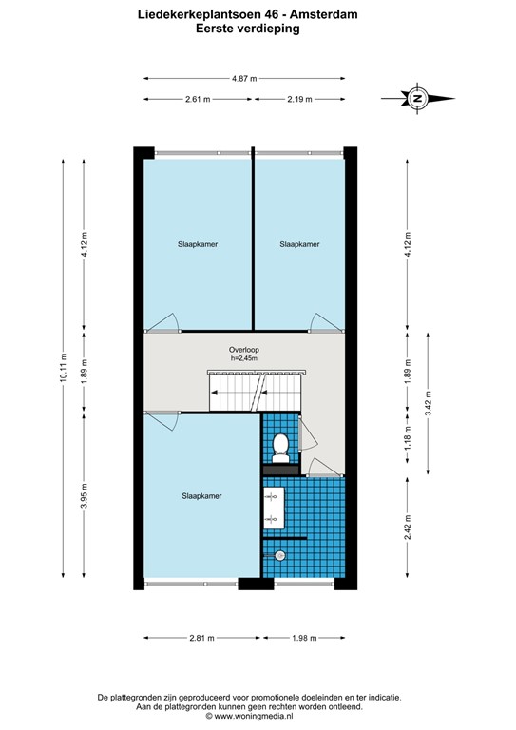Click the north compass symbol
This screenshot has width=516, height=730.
click(x=417, y=98)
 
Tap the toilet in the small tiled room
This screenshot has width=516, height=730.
click(x=280, y=448)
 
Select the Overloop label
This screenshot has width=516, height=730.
click(x=244, y=350)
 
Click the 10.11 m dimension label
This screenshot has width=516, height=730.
click(x=64, y=368)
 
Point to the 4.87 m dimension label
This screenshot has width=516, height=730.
click(x=244, y=79)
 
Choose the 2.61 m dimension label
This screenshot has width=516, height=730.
click(x=198, y=99)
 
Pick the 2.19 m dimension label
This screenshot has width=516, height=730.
click(x=299, y=99)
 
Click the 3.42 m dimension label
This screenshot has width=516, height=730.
click(x=428, y=403)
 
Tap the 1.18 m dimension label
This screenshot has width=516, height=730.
click(x=408, y=438)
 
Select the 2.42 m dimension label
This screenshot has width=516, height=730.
click(x=408, y=527)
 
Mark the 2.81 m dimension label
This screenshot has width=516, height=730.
click(x=201, y=638)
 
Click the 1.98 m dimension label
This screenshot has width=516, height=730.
click(x=304, y=638)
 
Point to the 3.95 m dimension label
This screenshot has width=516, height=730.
click(x=84, y=496)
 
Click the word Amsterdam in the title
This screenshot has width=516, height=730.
click(x=324, y=14)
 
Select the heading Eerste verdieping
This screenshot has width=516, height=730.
click(x=247, y=29)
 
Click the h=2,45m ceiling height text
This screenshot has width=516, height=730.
click(x=244, y=358)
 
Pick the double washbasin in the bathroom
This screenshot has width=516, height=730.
click(x=274, y=508)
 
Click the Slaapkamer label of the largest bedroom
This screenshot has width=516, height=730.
click(x=201, y=496)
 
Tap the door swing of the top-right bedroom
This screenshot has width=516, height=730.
click(x=319, y=321)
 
